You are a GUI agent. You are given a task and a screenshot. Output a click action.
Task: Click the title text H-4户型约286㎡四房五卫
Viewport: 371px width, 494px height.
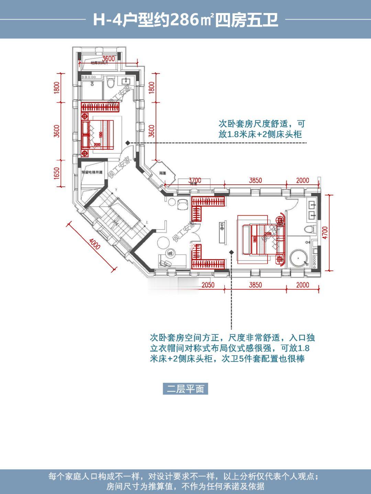point(185,20)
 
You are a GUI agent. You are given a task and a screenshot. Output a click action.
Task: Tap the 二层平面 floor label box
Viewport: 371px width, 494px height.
point(185,389)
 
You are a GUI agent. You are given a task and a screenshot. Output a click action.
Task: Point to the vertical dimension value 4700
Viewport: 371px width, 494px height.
point(325,233)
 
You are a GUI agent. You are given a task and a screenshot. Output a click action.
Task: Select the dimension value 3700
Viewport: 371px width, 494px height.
point(195,180)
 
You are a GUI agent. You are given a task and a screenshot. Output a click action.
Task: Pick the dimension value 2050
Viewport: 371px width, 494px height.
point(208,285)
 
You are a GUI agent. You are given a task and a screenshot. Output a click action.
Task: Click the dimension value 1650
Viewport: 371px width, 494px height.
point(57,173)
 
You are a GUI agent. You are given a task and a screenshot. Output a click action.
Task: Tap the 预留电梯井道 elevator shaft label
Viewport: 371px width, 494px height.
point(92,172)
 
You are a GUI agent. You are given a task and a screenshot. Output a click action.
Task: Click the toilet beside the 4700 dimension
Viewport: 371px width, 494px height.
point(309,229)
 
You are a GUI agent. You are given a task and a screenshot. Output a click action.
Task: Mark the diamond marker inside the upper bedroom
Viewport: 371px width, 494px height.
point(127,142)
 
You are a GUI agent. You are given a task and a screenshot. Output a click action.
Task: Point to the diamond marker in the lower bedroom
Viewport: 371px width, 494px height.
point(231,252)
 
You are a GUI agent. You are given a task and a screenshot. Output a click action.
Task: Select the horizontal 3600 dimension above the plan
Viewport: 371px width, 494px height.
point(108,59)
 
